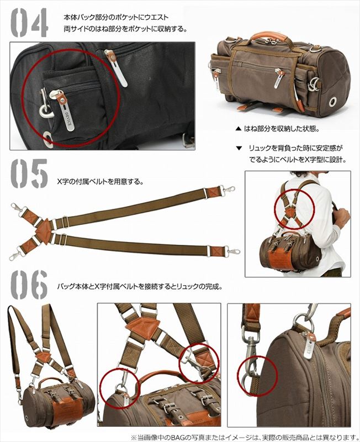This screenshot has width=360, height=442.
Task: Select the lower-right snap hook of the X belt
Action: click(x=231, y=251)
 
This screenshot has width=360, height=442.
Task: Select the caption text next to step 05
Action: click(x=100, y=181)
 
